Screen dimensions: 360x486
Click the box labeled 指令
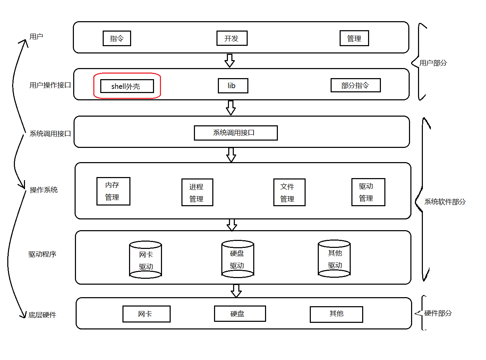point(117,39)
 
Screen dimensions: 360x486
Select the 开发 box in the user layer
point(232,39)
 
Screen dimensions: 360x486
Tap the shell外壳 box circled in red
point(127,86)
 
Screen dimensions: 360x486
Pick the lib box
point(233,86)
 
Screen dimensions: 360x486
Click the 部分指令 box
point(355,85)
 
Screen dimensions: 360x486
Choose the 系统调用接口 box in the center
point(236,133)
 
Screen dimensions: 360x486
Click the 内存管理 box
point(113,191)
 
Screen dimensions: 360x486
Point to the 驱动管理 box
point(368,192)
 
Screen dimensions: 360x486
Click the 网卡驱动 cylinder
point(145,260)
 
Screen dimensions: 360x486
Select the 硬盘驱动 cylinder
point(238,259)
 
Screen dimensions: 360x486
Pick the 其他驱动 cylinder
point(334,259)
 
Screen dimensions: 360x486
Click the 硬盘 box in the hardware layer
point(240,314)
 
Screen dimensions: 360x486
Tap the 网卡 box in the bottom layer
point(146,314)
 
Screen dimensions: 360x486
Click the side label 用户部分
point(433,63)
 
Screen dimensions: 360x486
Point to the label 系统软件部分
point(445,202)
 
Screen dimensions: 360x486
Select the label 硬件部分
point(438,313)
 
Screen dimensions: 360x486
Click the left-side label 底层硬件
point(42,315)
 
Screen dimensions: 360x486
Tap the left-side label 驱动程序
point(42,254)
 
